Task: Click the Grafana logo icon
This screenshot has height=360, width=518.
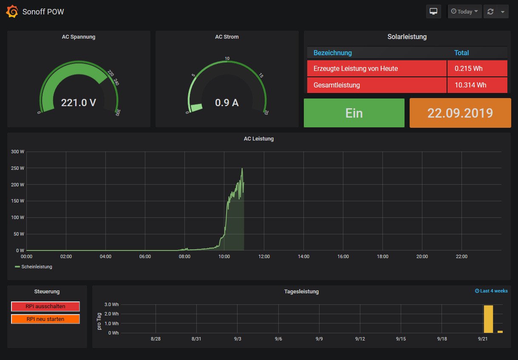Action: pyautogui.click(x=12, y=11)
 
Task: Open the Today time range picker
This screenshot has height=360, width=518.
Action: pyautogui.click(x=464, y=11)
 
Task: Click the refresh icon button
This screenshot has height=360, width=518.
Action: pyautogui.click(x=490, y=11)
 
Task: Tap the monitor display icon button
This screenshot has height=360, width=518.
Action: pyautogui.click(x=433, y=11)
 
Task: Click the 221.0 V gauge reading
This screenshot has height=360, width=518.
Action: pyautogui.click(x=79, y=102)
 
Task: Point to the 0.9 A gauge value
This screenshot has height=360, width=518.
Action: pyautogui.click(x=227, y=102)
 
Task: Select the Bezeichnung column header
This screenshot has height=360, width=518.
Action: pyautogui.click(x=333, y=53)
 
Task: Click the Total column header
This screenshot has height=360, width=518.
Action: pyautogui.click(x=461, y=53)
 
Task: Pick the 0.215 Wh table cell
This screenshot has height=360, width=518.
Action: pyautogui.click(x=468, y=68)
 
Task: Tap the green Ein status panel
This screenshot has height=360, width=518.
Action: pyautogui.click(x=354, y=113)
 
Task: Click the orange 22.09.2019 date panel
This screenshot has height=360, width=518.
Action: pyautogui.click(x=460, y=113)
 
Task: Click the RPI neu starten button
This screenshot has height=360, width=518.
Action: pyautogui.click(x=45, y=319)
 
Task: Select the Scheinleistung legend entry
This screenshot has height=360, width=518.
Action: pyautogui.click(x=37, y=267)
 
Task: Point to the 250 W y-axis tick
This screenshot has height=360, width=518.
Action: pyautogui.click(x=17, y=168)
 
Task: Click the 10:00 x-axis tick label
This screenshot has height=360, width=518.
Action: pyautogui.click(x=224, y=256)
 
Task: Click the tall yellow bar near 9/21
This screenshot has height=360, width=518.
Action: pyautogui.click(x=488, y=319)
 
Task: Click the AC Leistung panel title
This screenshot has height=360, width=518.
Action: pyautogui.click(x=259, y=139)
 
